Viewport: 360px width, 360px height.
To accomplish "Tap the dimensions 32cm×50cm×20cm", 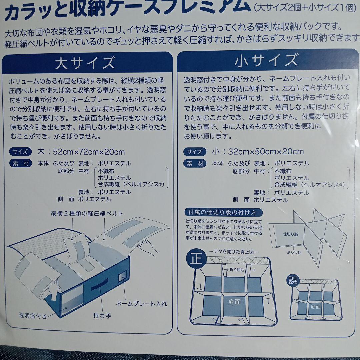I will pos(266,152).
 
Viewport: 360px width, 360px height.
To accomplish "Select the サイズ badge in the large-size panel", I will pos(20,152).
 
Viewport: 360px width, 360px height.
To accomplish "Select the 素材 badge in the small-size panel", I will pos(194,164).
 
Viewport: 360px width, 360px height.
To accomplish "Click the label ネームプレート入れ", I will pos(141,304).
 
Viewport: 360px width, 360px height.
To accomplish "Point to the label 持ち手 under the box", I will pos(102,316).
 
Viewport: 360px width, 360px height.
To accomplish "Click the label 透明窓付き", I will pos(33,316).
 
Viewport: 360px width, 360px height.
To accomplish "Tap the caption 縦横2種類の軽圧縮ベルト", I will pos(87,214).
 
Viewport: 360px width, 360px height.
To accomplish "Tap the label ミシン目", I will pos(294,253).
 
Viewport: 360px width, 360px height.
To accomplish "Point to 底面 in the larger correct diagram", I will pos(234,302).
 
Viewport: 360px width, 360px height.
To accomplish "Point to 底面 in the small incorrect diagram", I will pos(315,306).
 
